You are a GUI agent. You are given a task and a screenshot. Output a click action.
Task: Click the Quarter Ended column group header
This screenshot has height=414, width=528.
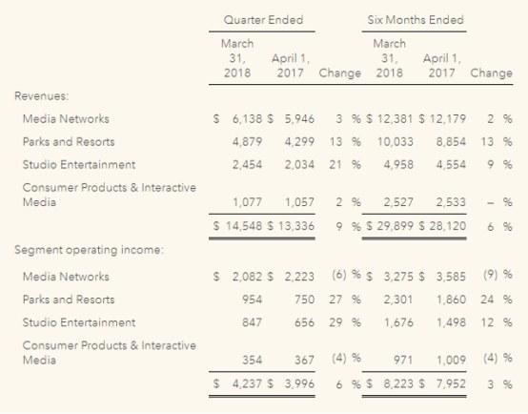click(263, 20)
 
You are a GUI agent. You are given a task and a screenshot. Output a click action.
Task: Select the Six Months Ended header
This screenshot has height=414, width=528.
click(416, 20)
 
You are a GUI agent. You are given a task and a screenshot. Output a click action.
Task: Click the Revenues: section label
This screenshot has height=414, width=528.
click(41, 96)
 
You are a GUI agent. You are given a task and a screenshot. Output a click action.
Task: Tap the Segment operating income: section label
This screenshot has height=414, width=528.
click(89, 250)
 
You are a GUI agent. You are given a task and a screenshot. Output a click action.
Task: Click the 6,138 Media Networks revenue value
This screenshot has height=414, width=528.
click(247, 119)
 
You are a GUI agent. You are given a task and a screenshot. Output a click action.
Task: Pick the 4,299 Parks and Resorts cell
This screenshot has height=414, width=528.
click(299, 141)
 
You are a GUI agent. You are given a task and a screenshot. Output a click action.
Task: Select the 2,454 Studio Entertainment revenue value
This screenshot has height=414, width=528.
click(247, 164)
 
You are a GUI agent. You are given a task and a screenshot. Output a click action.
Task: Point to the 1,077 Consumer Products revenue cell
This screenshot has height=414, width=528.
click(247, 202)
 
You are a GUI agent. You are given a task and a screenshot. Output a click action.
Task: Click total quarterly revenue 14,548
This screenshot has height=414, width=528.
click(244, 226)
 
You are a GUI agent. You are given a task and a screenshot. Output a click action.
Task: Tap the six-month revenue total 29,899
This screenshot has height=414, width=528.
click(395, 226)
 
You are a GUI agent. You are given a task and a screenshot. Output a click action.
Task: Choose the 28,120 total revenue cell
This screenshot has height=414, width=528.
click(448, 226)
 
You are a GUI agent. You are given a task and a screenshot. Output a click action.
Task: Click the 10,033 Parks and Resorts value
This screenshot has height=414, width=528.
click(395, 141)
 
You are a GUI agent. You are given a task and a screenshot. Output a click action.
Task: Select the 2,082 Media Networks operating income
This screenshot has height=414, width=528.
click(247, 277)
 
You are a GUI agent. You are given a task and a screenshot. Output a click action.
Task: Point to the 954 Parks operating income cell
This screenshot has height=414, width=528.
click(252, 300)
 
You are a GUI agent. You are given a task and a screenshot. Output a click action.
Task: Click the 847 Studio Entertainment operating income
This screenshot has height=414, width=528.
click(252, 322)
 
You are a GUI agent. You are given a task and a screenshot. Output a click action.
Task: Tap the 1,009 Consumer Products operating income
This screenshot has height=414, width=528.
click(451, 360)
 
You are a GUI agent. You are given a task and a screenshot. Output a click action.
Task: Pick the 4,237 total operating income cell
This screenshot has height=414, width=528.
click(247, 383)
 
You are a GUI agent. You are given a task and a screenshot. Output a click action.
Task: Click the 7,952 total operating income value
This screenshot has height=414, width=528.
click(451, 383)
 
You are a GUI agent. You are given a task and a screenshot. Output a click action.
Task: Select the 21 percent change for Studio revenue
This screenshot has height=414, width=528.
click(335, 164)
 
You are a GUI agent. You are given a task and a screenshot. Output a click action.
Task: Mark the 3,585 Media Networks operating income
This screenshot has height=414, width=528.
click(451, 277)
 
